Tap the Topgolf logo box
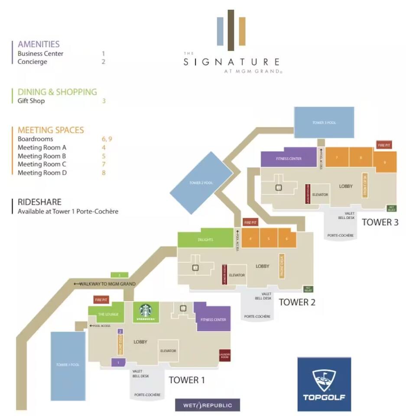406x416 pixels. [324, 384]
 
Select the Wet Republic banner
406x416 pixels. [208, 405]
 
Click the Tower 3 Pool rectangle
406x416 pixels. [324, 123]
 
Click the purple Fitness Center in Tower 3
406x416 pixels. [289, 159]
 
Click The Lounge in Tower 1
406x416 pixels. [106, 314]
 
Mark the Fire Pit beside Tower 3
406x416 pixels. [384, 145]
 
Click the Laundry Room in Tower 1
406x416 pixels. [224, 355]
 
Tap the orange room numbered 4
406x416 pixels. [250, 238]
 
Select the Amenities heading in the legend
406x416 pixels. [39, 44]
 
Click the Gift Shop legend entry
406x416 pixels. [31, 101]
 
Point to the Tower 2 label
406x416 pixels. [297, 302]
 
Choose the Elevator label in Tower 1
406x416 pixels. [168, 351]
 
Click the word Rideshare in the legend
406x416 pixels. [39, 202]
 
